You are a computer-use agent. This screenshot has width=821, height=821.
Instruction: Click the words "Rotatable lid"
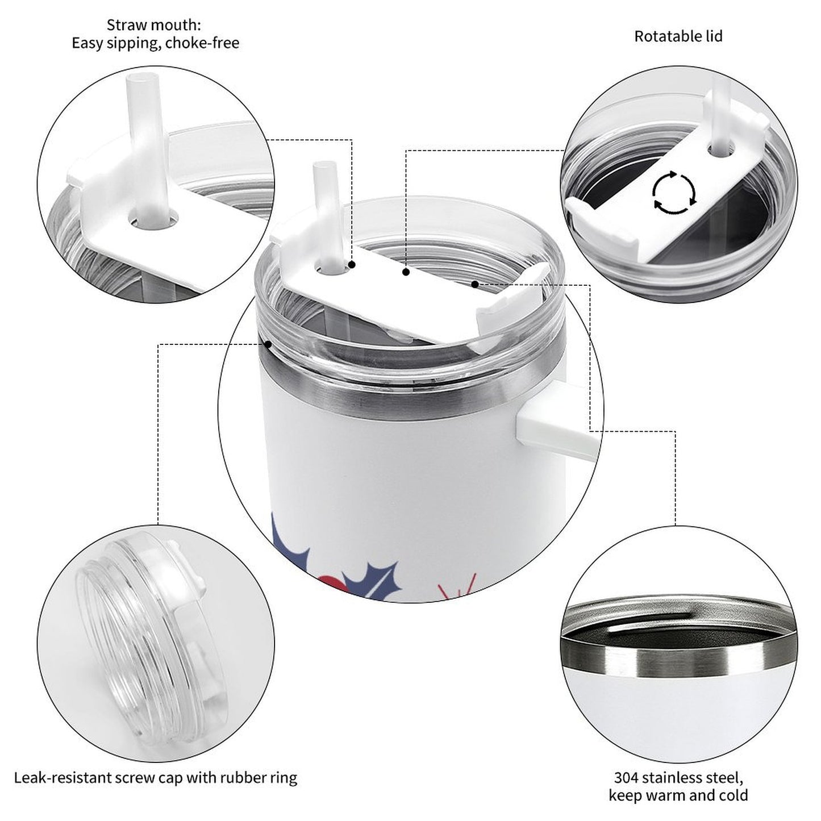click(x=678, y=36)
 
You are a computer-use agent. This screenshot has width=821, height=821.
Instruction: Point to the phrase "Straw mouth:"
click(x=153, y=25)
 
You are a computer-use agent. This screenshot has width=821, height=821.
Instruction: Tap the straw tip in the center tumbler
click(x=324, y=164)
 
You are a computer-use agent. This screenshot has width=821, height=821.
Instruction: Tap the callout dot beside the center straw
click(x=352, y=265)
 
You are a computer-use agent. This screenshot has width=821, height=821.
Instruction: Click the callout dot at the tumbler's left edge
click(x=268, y=344)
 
